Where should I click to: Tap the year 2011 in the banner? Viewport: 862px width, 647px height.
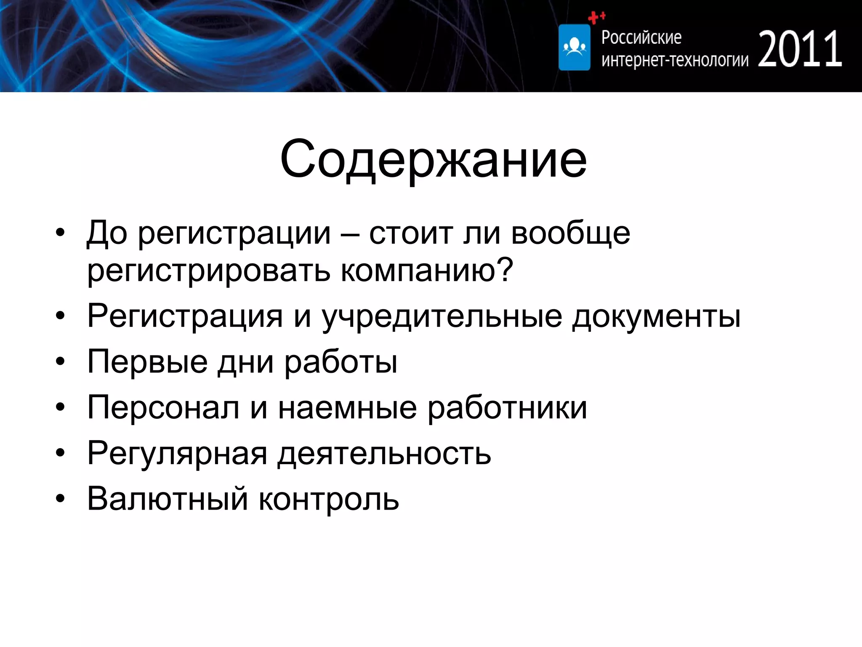coord(800,50)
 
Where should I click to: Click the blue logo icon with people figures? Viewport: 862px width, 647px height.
coord(574,47)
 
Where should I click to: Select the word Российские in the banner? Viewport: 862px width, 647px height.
coord(641,38)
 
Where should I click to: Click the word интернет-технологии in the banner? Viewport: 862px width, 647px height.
coord(675,60)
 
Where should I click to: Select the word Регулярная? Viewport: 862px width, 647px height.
coord(177,454)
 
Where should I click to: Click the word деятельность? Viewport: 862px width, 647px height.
coord(384,454)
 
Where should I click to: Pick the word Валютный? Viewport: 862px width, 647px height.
coord(167,499)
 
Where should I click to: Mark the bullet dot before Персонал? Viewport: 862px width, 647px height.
coord(61,407)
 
